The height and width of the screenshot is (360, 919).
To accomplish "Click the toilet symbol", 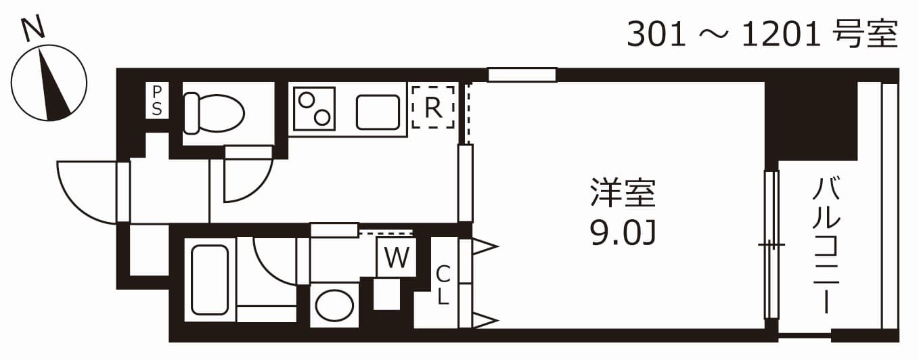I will (x=214, y=112).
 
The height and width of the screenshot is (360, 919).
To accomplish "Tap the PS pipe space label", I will (x=157, y=100).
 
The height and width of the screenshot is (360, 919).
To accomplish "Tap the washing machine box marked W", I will (x=397, y=257).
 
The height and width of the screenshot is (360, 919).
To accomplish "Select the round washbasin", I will (x=334, y=305).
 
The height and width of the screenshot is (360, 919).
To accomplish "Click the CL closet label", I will (x=443, y=285).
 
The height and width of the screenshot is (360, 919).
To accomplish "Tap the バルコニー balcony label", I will (x=827, y=244).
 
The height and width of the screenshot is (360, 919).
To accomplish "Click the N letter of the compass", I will (x=32, y=28).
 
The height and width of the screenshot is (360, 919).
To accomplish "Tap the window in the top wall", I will (x=522, y=74).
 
